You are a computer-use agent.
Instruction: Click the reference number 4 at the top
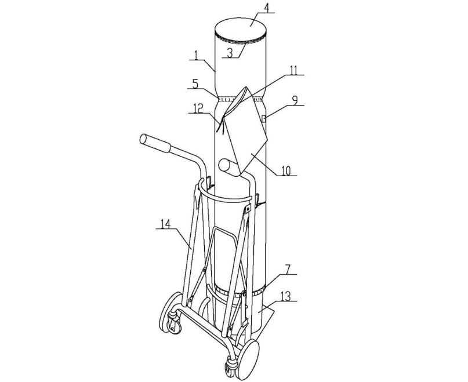click(267, 8)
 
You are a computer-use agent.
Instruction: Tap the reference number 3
click(230, 53)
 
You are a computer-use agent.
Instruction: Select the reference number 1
click(196, 55)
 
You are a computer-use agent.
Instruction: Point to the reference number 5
click(195, 84)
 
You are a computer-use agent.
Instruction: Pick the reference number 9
click(295, 100)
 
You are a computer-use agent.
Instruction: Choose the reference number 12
click(197, 108)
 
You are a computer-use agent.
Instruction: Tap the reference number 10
click(286, 170)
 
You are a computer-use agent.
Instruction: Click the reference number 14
click(165, 224)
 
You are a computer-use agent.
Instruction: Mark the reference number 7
click(287, 269)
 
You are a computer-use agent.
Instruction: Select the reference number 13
click(286, 296)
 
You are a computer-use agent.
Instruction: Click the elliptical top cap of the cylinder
click(241, 29)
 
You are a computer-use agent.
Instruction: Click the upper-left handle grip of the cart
click(155, 143)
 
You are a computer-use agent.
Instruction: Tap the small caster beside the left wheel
click(174, 323)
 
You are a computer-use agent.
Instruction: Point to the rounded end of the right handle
click(223, 165)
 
